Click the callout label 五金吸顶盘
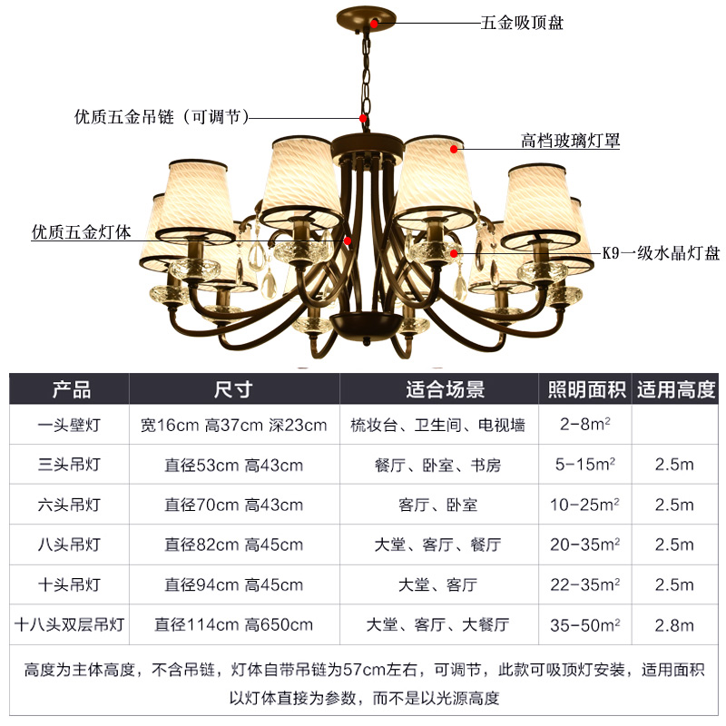pyautogui.click(x=521, y=23)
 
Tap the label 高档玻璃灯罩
pyautogui.click(x=570, y=141)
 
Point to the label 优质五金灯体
pyautogui.click(x=82, y=232)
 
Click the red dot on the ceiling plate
pyautogui.click(x=374, y=24)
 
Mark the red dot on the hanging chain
pyautogui.click(x=363, y=118)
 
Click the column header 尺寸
pyautogui.click(x=233, y=390)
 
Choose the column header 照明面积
pyautogui.click(x=586, y=390)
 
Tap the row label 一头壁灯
pyautogui.click(x=70, y=425)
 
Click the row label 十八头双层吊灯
pyautogui.click(x=70, y=624)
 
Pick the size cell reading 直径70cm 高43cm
pyautogui.click(x=233, y=505)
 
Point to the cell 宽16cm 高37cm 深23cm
pyautogui.click(x=233, y=425)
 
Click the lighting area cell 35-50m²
pyautogui.click(x=586, y=624)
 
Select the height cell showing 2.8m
pyautogui.click(x=674, y=624)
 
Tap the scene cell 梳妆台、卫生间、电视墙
pyautogui.click(x=437, y=425)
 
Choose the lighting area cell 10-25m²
pyautogui.click(x=586, y=505)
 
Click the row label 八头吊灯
pyautogui.click(x=70, y=544)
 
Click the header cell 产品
pyautogui.click(x=70, y=390)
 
